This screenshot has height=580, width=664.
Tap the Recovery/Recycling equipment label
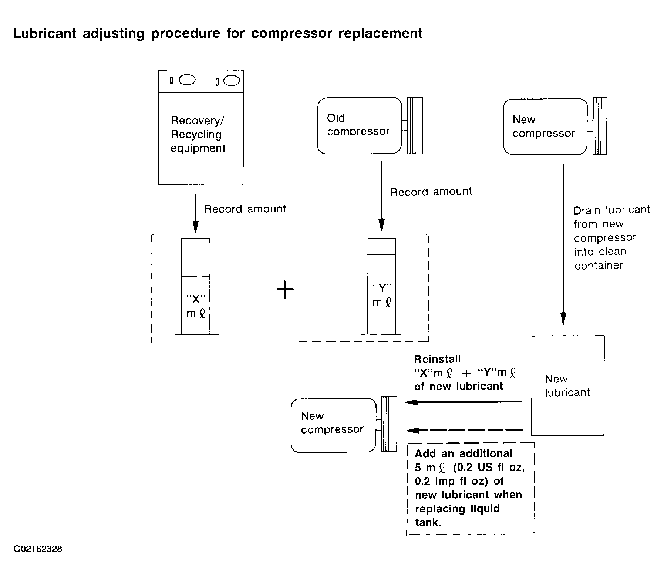(x=198, y=134)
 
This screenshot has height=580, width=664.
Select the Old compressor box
(x=359, y=126)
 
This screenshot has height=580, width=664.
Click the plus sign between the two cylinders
(x=285, y=289)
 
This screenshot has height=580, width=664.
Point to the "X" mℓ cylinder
(x=196, y=286)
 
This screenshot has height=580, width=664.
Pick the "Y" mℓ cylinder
(x=381, y=286)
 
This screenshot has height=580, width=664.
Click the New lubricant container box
(x=568, y=385)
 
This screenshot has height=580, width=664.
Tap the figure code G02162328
(x=38, y=549)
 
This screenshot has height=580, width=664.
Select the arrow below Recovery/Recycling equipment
(x=195, y=214)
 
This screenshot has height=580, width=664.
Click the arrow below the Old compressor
(x=381, y=196)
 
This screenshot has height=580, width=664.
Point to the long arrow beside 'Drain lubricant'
(x=563, y=245)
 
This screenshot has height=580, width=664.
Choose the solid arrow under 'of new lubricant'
(x=464, y=402)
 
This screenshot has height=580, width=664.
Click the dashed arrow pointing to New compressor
(x=465, y=430)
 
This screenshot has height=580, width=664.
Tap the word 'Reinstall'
(x=437, y=359)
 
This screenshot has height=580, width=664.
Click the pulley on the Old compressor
(x=415, y=126)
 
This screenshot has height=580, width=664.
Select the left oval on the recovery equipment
(x=187, y=80)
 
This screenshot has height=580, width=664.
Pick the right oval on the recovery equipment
(x=232, y=81)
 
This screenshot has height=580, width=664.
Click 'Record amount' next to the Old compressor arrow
(x=431, y=192)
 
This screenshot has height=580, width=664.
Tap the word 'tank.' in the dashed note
(x=428, y=522)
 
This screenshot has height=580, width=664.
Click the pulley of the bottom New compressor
(x=389, y=424)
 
